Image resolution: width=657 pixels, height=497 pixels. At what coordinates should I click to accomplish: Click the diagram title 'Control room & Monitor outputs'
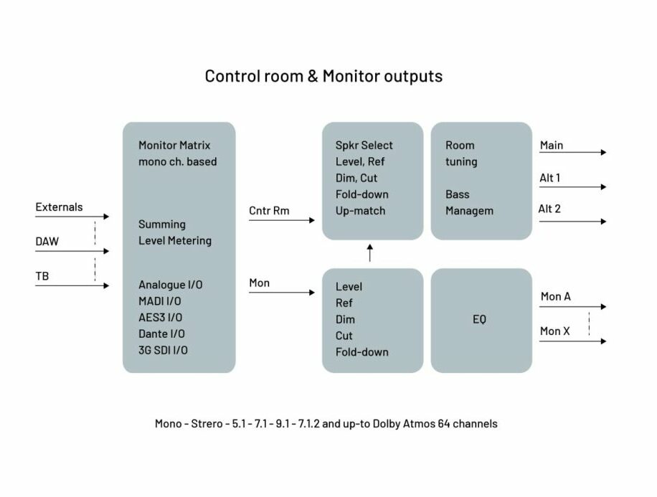coord(323,76)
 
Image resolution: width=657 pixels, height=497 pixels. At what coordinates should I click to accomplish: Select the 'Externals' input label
coord(59,207)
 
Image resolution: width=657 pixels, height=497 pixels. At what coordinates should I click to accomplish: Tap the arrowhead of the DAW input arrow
coord(106,251)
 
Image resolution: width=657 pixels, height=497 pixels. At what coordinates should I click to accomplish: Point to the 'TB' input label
coord(42,276)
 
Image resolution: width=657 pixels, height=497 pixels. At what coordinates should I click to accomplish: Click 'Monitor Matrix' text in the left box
coord(174,146)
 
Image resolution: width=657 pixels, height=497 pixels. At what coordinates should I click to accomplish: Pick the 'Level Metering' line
coord(175,240)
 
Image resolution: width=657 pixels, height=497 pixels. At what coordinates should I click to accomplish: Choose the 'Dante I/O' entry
coord(161,334)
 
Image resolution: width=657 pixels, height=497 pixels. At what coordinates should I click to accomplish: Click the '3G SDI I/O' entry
coord(163,350)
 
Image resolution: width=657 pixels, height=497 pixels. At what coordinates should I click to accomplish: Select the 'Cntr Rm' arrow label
coord(269,211)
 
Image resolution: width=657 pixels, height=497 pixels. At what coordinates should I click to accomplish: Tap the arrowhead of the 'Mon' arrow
coord(312,293)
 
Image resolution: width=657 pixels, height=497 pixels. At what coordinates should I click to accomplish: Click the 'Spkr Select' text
coord(364,146)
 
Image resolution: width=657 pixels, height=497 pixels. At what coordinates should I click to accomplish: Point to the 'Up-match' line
coord(360,211)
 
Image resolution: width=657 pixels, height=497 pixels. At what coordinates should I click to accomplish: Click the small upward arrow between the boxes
coord(370,253)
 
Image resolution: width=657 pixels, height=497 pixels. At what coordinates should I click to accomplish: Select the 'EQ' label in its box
coord(479,319)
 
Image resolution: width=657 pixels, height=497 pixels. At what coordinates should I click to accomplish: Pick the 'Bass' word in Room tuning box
coord(457,194)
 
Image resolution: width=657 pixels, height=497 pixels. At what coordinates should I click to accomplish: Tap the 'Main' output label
coord(552,146)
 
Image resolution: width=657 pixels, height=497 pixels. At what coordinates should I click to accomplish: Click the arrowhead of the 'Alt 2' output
coord(603,222)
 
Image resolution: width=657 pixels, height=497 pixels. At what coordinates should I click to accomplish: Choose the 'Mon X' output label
coord(554,331)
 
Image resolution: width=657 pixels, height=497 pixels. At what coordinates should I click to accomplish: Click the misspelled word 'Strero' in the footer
coord(207,424)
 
